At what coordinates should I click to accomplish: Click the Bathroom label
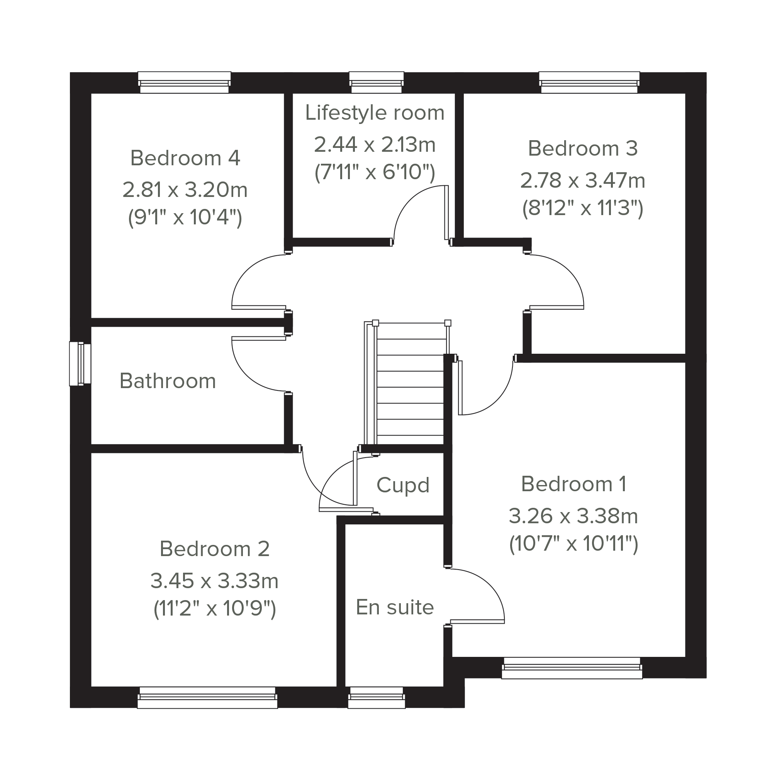pos(168,381)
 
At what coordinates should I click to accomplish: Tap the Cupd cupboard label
pos(403,485)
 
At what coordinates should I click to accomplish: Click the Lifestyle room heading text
pos(375,113)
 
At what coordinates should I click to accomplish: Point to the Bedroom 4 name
pos(185,158)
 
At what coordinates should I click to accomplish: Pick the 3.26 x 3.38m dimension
pos(573,516)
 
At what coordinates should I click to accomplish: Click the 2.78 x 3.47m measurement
pos(583,180)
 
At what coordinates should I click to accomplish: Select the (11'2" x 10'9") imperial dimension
pos(215,608)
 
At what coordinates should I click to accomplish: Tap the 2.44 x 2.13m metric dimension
pos(375,145)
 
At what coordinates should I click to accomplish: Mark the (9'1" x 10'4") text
pos(185,217)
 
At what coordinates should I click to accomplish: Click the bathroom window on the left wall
pos(80,363)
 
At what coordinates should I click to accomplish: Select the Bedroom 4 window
pos(185,83)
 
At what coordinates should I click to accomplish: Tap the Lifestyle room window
pos(377,83)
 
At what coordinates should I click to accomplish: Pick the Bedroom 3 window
pos(589,83)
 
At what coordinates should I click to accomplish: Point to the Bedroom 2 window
pos(208,698)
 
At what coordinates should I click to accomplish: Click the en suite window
pos(377,698)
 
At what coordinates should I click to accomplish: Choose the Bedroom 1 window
pos(572,668)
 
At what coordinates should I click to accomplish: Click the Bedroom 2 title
pos(215,549)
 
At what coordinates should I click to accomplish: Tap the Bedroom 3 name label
pos(583,149)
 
